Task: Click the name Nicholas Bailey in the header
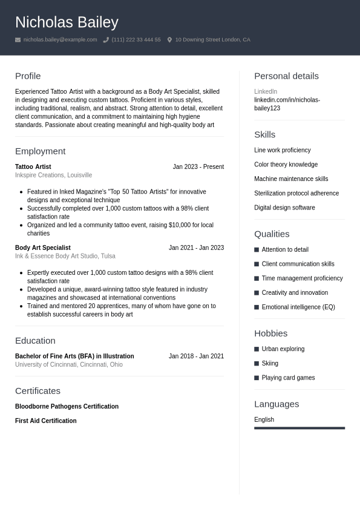tap(67, 22)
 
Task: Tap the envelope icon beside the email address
tap(18, 40)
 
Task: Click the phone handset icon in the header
tap(106, 40)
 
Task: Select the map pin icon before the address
tap(169, 40)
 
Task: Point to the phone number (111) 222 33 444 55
tap(136, 40)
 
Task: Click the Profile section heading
tap(28, 76)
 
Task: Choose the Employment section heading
tap(40, 151)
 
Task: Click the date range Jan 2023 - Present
tap(198, 166)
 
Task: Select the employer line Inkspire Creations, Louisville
tap(53, 175)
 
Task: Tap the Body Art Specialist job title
tap(42, 248)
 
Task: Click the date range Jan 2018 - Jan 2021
tap(196, 356)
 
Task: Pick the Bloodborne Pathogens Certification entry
tap(67, 406)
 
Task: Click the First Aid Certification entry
tap(45, 421)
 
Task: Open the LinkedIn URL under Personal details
tap(287, 104)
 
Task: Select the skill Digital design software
tap(284, 208)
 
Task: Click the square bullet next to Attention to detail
tap(257, 249)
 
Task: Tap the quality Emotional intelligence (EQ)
tap(298, 307)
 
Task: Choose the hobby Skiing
tap(270, 363)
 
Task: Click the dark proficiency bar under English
tap(299, 428)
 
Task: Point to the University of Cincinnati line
tap(68, 364)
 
